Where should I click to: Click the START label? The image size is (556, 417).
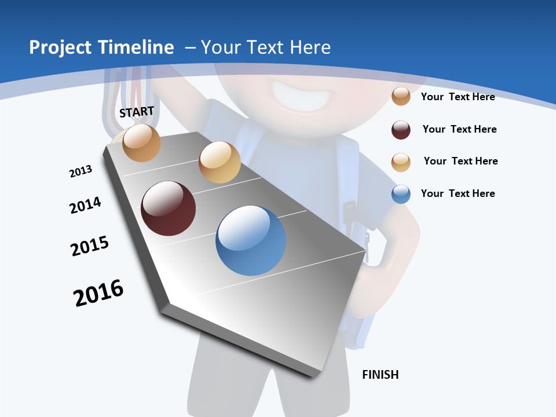pos(137,112)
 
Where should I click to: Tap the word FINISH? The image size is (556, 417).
pos(380,375)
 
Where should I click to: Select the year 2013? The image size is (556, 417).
pos(81,171)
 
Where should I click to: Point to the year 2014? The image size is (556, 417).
pos(85,205)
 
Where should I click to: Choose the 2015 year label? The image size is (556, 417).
pos(90,246)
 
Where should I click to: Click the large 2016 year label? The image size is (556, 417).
pos(98,293)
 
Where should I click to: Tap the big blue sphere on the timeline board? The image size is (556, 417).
pos(251,240)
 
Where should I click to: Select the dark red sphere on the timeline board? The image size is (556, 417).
pos(168,209)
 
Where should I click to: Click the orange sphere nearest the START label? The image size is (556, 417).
pos(142,142)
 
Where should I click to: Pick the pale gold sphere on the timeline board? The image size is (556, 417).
pos(220,162)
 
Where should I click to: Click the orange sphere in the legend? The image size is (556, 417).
pos(401,96)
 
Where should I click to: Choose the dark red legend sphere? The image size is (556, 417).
pos(401,130)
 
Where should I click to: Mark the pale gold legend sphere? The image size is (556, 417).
pos(401,162)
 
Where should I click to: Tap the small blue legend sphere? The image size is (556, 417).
pos(401,194)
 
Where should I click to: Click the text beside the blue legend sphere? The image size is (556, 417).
pos(458,193)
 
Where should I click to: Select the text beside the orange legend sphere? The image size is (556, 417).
pos(458,97)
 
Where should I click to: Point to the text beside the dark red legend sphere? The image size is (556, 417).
pos(459,129)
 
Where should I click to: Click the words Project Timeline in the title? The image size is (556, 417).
pos(101,47)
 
